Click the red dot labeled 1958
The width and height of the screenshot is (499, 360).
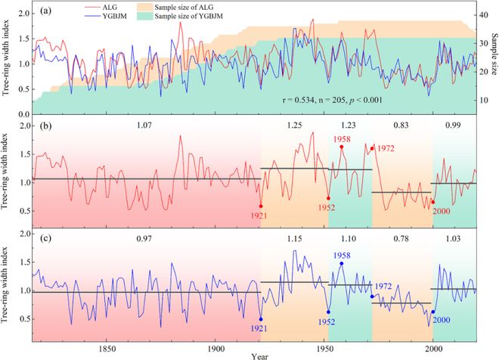click(342, 147)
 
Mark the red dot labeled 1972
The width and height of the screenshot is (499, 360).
click(372, 148)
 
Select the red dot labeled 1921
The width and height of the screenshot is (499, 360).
click(261, 206)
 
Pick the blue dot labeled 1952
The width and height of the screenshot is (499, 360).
click(328, 312)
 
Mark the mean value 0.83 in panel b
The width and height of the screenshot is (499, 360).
click(401, 123)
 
